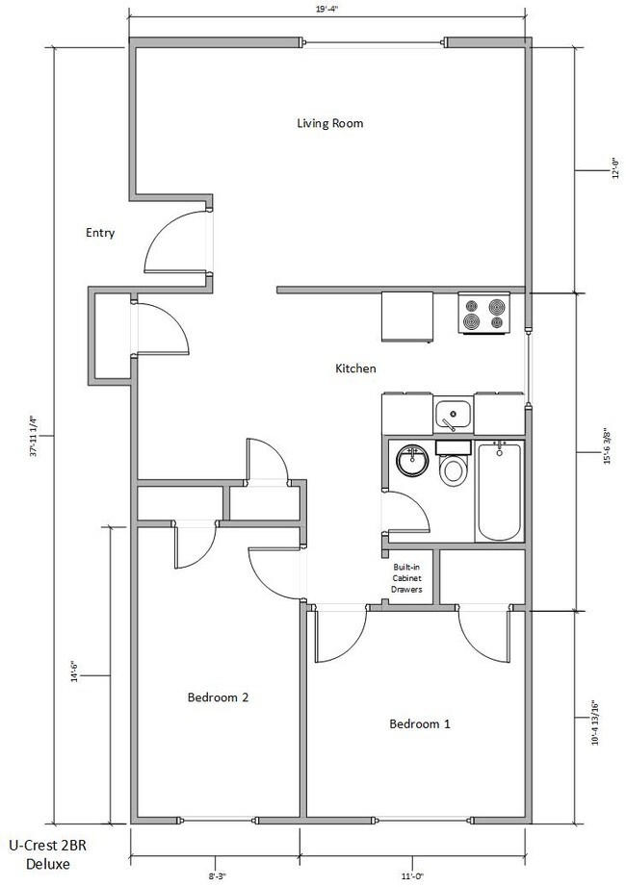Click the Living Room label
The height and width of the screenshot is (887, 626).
328,123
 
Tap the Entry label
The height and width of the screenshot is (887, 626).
100,232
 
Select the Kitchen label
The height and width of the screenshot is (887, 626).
354,368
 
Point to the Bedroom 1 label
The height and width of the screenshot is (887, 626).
419,723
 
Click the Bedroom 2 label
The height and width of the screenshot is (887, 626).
219,698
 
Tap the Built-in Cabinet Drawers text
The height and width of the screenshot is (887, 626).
404,578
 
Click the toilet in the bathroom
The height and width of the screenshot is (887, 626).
452,468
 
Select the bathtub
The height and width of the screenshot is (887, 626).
500,492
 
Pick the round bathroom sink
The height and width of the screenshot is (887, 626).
413,460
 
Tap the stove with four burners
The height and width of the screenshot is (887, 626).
484,314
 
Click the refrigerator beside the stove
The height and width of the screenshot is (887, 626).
409,316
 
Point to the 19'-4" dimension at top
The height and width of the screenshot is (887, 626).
327,9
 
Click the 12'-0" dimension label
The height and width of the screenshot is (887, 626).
606,170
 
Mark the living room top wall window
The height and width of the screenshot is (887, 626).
373,41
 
